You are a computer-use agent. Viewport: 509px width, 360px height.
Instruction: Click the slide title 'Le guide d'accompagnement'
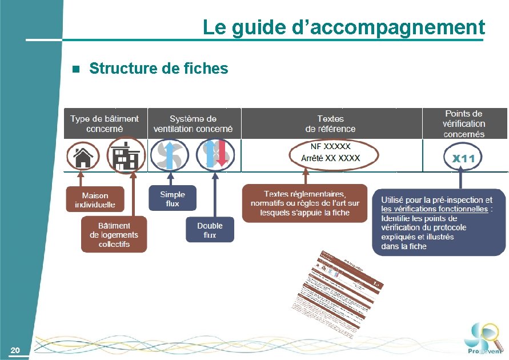343,27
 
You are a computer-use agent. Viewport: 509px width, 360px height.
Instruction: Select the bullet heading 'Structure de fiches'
158,69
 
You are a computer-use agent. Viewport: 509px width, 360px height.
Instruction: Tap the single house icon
83,155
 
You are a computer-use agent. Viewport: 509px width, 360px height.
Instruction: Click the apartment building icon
125,155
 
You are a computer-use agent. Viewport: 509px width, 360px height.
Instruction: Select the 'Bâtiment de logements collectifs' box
114,234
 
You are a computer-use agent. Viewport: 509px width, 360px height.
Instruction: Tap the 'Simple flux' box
172,199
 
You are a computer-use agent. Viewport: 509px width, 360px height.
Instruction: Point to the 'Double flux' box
210,230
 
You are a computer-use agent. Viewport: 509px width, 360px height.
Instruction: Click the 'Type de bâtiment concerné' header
105,123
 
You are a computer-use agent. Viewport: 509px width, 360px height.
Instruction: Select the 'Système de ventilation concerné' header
193,123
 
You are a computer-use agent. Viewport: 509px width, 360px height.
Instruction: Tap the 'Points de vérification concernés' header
464,123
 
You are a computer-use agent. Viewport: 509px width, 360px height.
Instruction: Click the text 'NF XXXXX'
330,146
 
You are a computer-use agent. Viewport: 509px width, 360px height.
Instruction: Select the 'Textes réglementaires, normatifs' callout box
304,203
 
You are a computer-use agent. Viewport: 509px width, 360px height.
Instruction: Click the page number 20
15,350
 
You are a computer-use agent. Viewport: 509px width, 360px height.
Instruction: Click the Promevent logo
483,339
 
